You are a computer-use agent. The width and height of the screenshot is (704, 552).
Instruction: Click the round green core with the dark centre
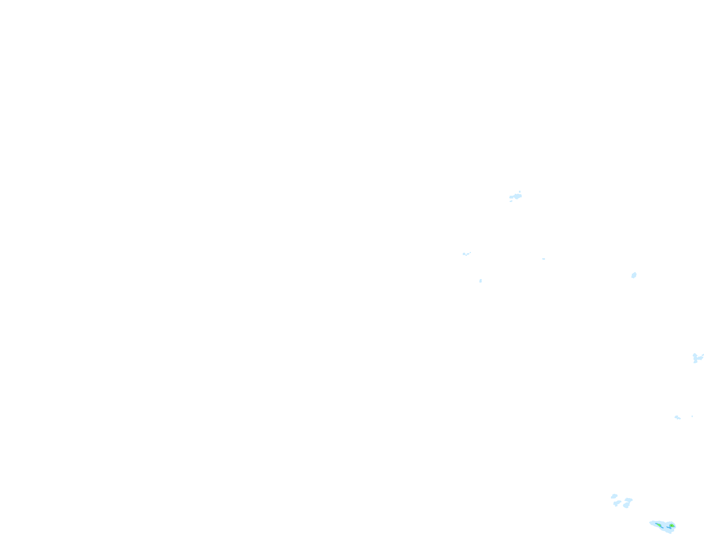pyautogui.click(x=672, y=526)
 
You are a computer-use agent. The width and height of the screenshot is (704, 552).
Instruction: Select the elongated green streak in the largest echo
pyautogui.click(x=659, y=525)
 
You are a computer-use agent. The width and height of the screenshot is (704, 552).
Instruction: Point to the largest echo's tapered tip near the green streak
pyautogui.click(x=651, y=523)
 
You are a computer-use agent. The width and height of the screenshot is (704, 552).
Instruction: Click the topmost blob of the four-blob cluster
pyautogui.click(x=614, y=496)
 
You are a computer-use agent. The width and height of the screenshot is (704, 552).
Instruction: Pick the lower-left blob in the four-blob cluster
pyautogui.click(x=617, y=504)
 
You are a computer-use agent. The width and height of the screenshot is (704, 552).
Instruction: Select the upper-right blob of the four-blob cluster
pyautogui.click(x=629, y=500)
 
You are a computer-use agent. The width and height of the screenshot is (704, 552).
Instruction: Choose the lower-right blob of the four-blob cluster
pyautogui.click(x=626, y=505)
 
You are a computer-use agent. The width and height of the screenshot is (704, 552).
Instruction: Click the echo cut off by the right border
pyautogui.click(x=697, y=358)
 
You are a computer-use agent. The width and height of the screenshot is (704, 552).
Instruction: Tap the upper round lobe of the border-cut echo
pyautogui.click(x=695, y=355)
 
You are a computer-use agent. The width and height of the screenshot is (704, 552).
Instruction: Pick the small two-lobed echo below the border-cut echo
pyautogui.click(x=677, y=417)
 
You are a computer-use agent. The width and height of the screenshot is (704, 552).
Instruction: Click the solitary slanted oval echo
pyautogui.click(x=634, y=275)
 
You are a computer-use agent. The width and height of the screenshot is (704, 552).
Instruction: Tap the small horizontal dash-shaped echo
pyautogui.click(x=543, y=259)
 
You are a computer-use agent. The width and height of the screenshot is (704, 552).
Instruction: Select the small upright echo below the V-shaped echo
pyautogui.click(x=481, y=281)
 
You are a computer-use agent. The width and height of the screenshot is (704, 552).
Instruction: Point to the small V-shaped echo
pyautogui.click(x=465, y=254)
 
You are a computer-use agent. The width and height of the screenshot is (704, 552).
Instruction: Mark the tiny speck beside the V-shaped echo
pyautogui.click(x=470, y=253)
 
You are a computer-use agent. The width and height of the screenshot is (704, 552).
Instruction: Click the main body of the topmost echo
pyautogui.click(x=516, y=197)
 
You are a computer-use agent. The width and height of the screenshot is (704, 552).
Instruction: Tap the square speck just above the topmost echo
pyautogui.click(x=520, y=191)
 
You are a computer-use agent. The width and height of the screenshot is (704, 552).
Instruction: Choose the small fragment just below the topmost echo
pyautogui.click(x=511, y=201)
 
